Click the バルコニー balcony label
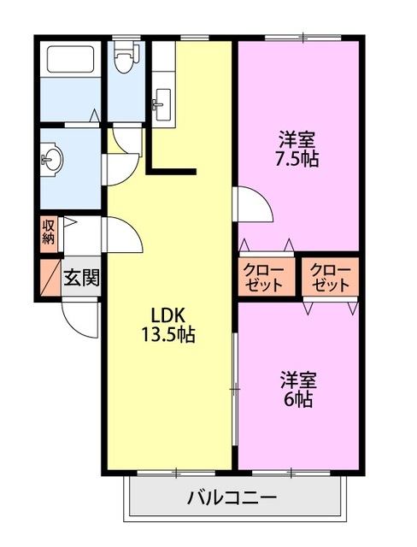pos(231,497)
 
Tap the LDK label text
pos(168,313)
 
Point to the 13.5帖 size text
pos(168,334)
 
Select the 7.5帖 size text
pos(297,159)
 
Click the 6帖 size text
pos(297,398)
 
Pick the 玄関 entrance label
pos(82,279)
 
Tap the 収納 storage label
pos(49,232)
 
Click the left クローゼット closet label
pos(266,278)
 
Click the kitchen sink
pos(162,103)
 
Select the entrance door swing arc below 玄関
pos(81,321)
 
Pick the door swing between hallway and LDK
pos(121,232)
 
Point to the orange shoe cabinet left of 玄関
pos(49,277)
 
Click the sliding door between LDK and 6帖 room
pos(234,389)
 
